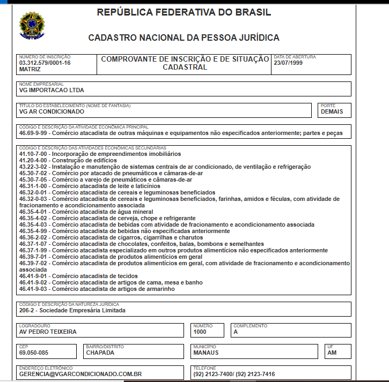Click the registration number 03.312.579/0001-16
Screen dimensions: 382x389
point(45,63)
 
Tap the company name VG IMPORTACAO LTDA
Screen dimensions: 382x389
point(52,91)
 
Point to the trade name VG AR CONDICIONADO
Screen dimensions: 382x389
point(52,112)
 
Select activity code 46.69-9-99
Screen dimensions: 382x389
point(33,133)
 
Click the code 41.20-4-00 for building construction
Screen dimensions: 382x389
point(33,160)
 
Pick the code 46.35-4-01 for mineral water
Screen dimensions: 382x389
point(33,212)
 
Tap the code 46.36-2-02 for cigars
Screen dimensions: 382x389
point(33,237)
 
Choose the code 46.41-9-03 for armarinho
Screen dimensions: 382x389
point(33,289)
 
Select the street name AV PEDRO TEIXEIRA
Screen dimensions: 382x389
point(48,332)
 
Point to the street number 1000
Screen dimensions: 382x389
point(200,332)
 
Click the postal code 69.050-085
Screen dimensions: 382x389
point(34,353)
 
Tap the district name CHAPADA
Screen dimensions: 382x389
point(101,353)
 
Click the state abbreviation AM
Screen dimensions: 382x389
point(332,353)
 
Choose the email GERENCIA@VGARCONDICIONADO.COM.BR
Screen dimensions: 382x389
point(80,374)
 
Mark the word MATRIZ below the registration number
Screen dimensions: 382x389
point(30,70)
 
